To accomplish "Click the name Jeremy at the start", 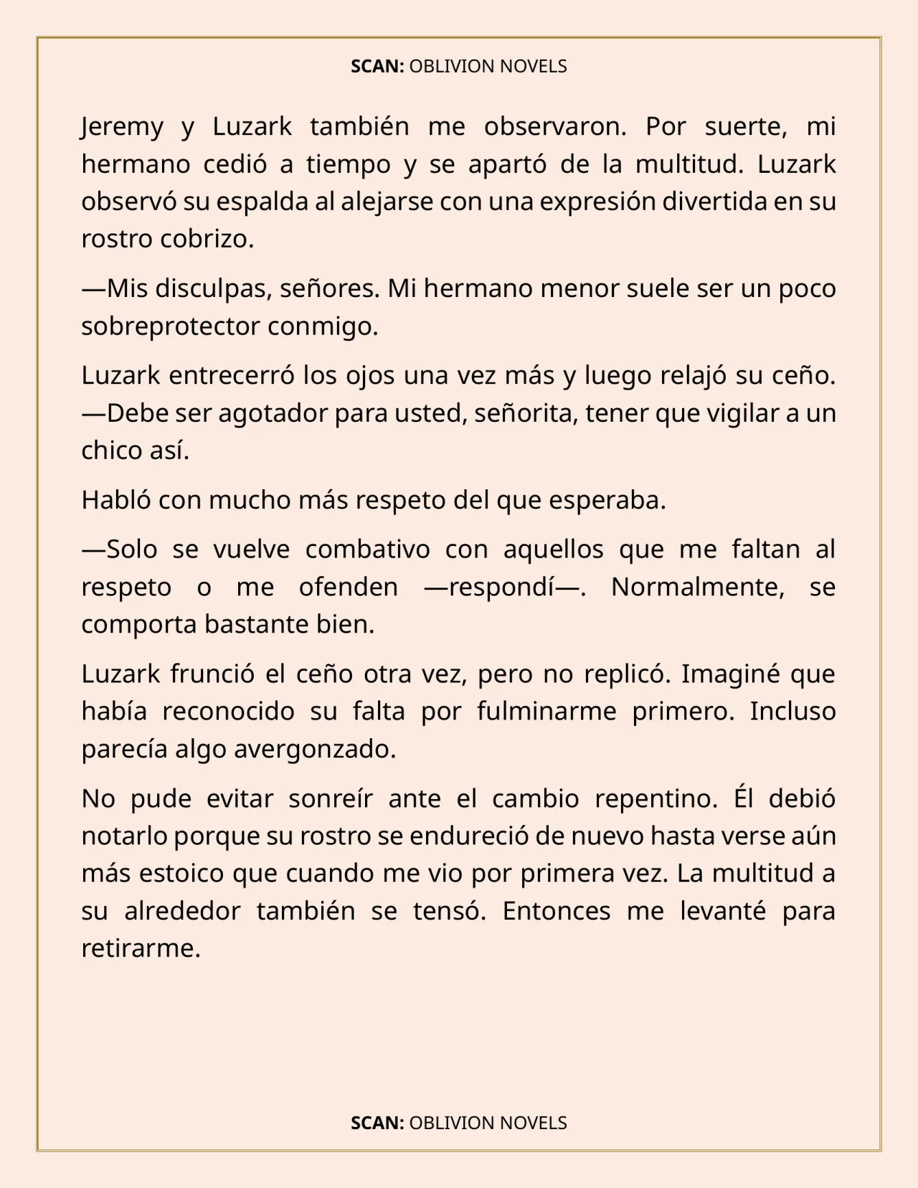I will [123, 127].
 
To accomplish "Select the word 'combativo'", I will [367, 550].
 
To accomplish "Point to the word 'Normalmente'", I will [694, 587].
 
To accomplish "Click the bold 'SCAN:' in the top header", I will [377, 67].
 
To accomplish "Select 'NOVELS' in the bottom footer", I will [533, 1123].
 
